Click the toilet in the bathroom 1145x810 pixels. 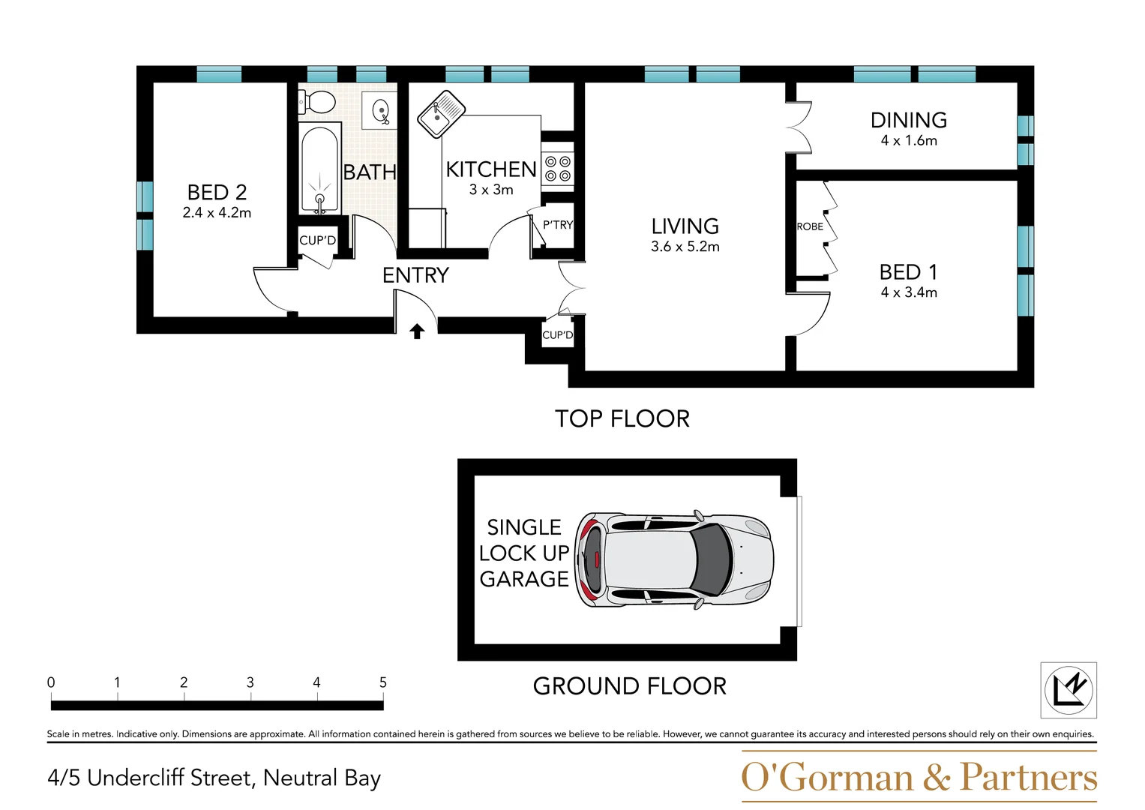pos(318,101)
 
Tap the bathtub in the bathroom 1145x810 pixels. pos(319,169)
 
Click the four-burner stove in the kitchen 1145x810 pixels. pos(557,169)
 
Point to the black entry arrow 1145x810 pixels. pos(417,331)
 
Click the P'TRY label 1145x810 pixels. pos(558,225)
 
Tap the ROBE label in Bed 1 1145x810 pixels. pos(810,226)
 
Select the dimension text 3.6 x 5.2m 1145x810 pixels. pos(685,247)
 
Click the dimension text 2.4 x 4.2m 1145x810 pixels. pos(217,213)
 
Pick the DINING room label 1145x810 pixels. pos(908,120)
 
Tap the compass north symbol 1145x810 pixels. pos(1069,689)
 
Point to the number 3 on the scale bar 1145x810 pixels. pos(250,682)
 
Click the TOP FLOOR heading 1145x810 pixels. pos(622,418)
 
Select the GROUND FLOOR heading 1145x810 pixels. pos(629,685)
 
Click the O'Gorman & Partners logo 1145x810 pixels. pos(919,777)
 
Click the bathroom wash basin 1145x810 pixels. pos(380,111)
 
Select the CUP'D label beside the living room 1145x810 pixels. pos(557,335)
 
